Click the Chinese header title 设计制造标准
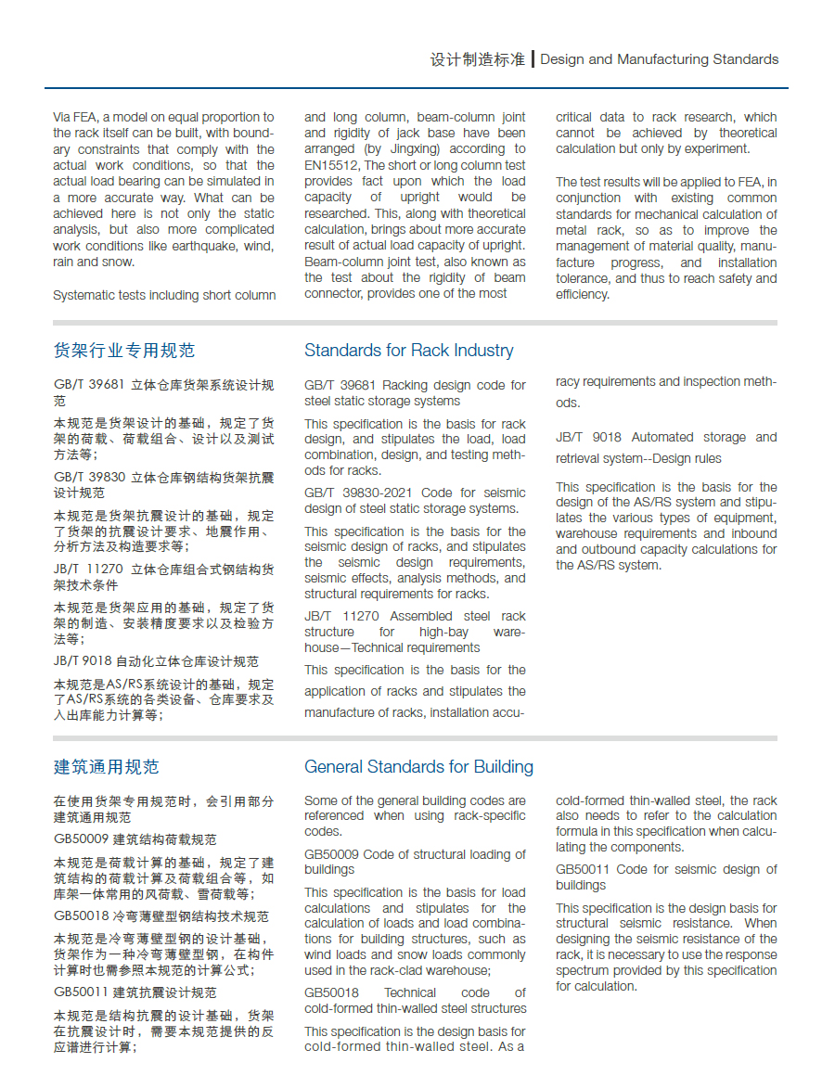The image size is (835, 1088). (x=477, y=59)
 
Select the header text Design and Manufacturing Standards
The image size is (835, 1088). (x=659, y=59)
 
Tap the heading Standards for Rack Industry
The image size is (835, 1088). (x=408, y=351)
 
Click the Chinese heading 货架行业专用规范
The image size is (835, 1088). (x=124, y=351)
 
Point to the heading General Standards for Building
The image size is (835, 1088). (x=418, y=767)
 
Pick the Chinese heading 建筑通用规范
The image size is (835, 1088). (x=107, y=767)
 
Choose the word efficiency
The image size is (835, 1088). (x=583, y=295)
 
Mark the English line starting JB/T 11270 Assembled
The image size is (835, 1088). (x=415, y=617)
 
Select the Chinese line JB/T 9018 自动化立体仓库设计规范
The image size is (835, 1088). (x=156, y=661)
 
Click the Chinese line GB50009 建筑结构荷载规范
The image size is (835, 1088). (x=135, y=839)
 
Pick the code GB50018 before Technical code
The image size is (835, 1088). (x=331, y=993)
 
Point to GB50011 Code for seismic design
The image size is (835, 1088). (x=666, y=870)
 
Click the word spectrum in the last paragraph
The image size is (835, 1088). (x=583, y=971)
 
